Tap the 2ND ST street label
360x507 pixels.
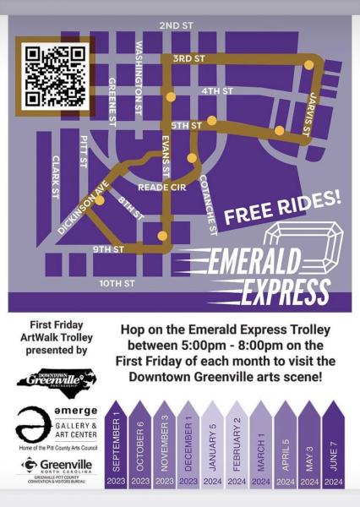[176, 26]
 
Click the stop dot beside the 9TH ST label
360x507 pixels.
[162, 236]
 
